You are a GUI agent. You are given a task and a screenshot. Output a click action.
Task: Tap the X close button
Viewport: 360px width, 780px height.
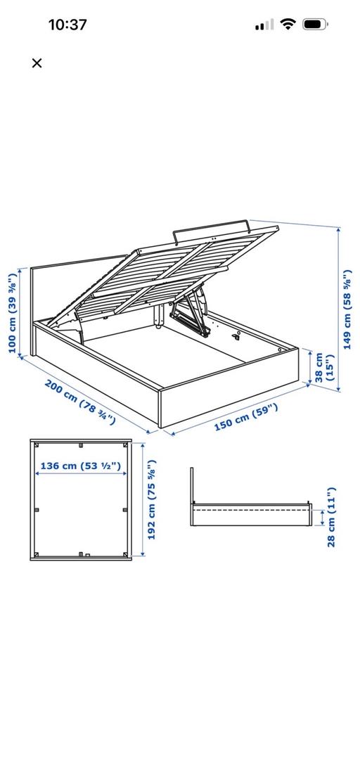(x=37, y=63)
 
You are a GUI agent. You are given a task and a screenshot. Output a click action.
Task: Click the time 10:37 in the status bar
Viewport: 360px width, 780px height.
(x=67, y=25)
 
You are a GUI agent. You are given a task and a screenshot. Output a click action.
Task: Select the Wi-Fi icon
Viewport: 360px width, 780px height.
(x=288, y=25)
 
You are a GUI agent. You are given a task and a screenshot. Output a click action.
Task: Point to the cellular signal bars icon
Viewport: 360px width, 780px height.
(x=264, y=25)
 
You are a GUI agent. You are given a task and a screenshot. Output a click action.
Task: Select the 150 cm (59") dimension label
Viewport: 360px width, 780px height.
(x=245, y=418)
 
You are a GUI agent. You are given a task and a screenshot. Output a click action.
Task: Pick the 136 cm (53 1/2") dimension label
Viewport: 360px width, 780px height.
(x=80, y=465)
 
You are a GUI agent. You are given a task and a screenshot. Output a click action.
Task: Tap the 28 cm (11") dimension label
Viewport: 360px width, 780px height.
(x=332, y=516)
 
